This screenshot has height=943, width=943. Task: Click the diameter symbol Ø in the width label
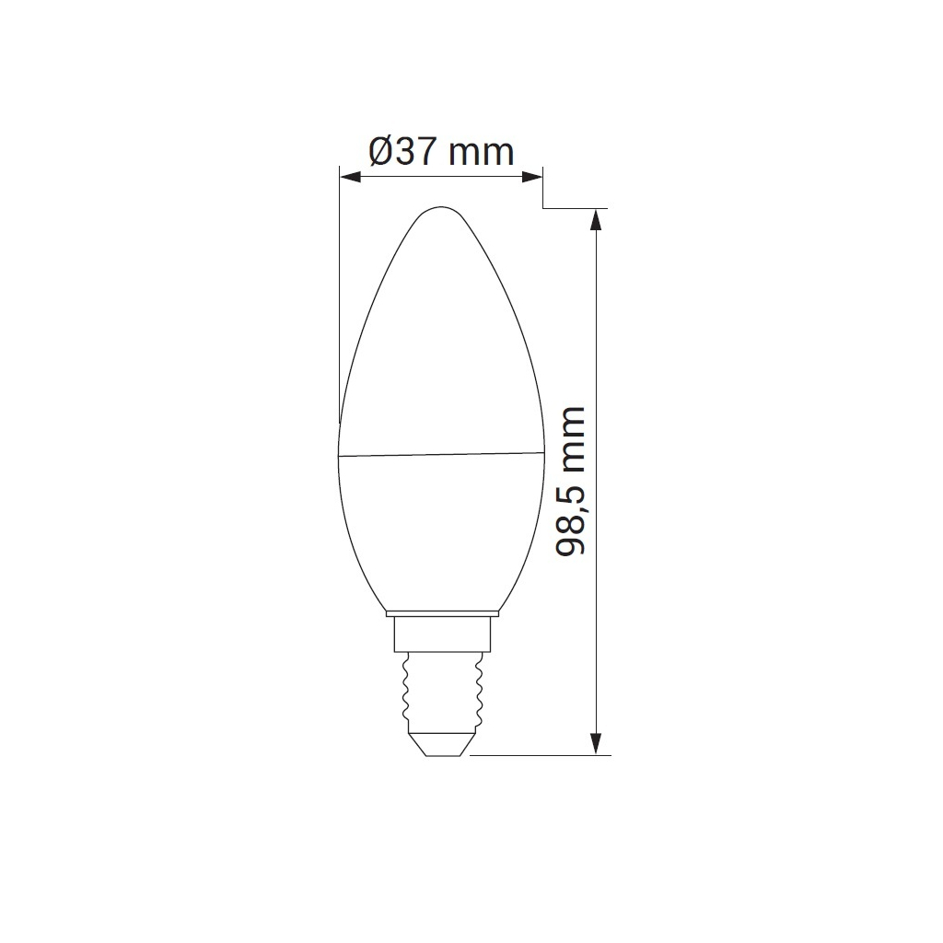tap(381, 151)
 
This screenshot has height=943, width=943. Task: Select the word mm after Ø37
tap(482, 153)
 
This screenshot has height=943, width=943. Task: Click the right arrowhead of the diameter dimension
tap(532, 175)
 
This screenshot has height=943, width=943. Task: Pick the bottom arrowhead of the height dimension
tap(597, 743)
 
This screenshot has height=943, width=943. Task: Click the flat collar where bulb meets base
tap(441, 612)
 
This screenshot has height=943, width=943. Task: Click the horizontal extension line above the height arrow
tap(576, 208)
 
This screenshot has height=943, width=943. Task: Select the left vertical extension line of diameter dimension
tap(340, 295)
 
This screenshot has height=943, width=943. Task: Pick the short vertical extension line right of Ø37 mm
tap(542, 188)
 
